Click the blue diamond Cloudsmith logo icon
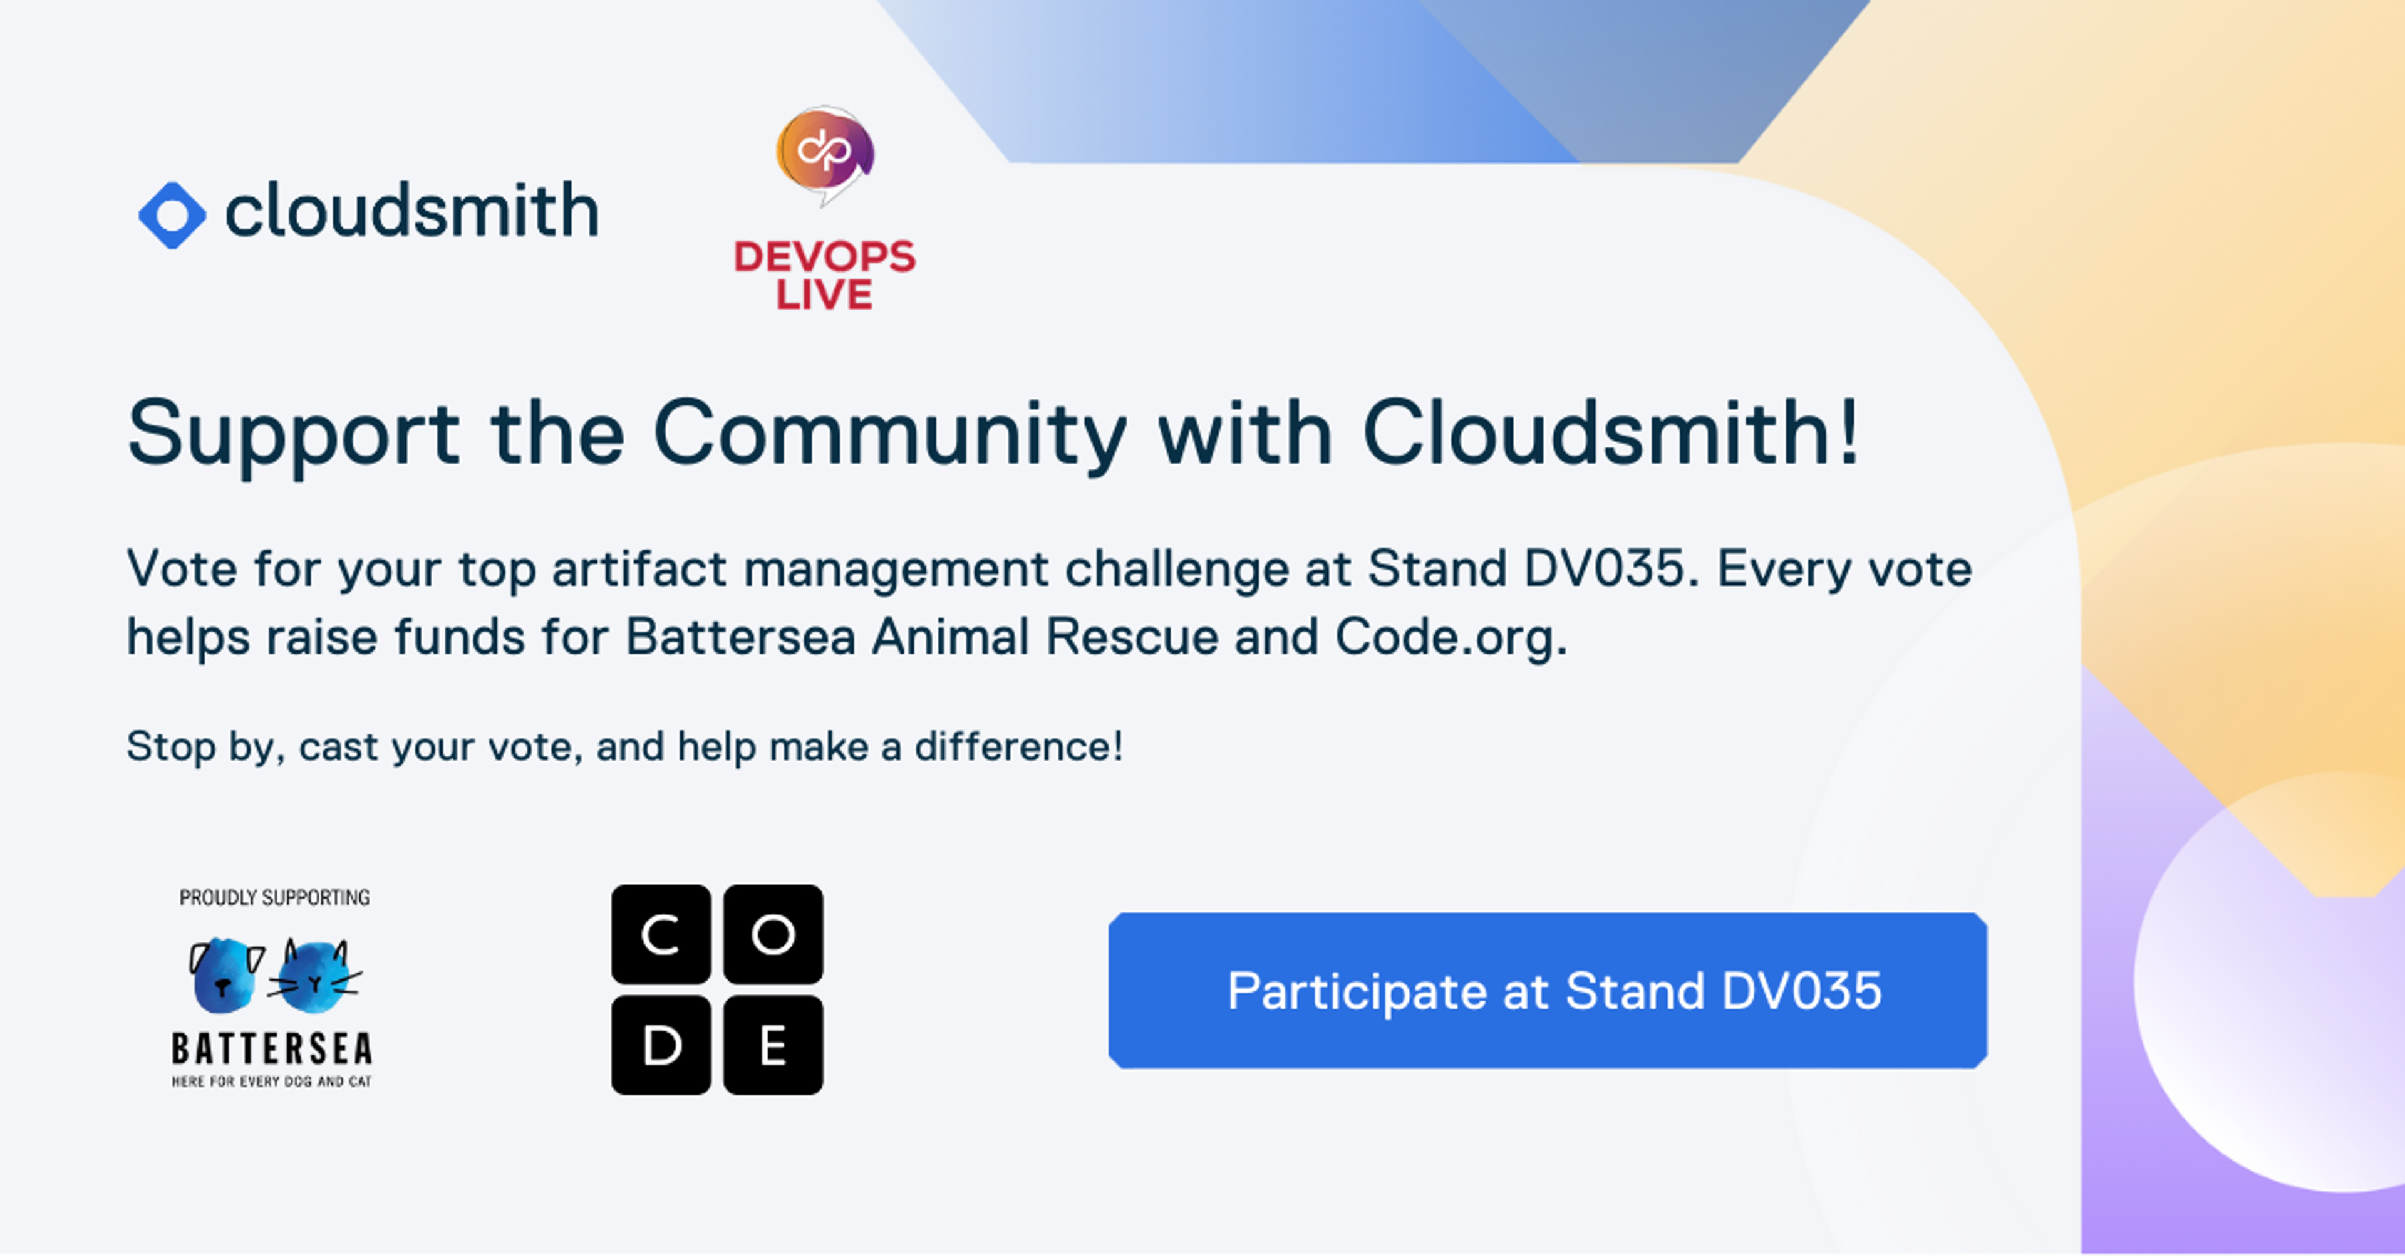[x=172, y=215]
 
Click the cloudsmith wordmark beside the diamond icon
[x=411, y=211]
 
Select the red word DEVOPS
[x=824, y=257]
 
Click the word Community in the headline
[x=890, y=434]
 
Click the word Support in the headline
[x=293, y=434]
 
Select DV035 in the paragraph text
[x=1604, y=569]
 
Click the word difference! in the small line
[x=1018, y=747]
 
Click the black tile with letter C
[x=661, y=934]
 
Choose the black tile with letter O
[x=773, y=934]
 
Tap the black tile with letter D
[x=661, y=1045]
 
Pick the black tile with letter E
[x=773, y=1045]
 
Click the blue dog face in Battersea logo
[x=227, y=976]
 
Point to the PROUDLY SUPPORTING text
[x=274, y=897]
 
